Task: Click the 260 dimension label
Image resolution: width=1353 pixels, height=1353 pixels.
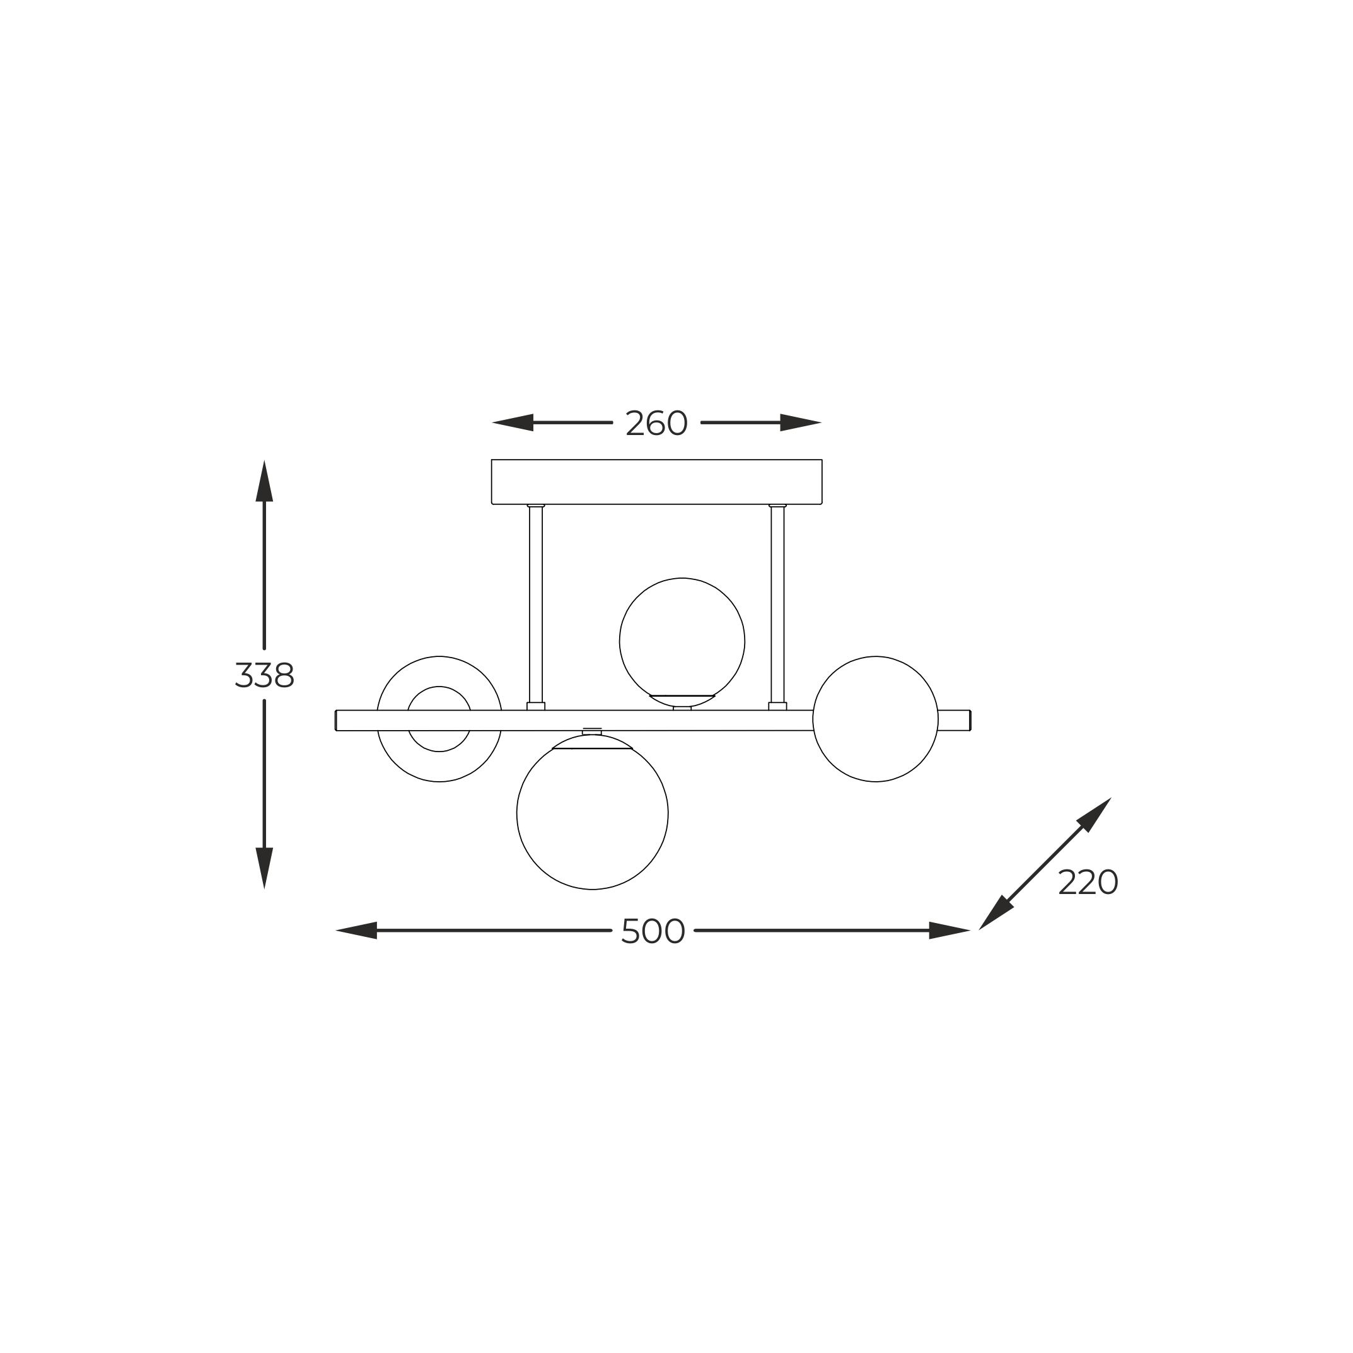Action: click(656, 423)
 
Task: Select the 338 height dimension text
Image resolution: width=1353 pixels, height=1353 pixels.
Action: click(264, 675)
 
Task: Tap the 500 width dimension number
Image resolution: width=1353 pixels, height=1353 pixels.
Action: click(653, 931)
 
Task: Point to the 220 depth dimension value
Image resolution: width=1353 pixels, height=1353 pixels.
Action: click(1088, 883)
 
